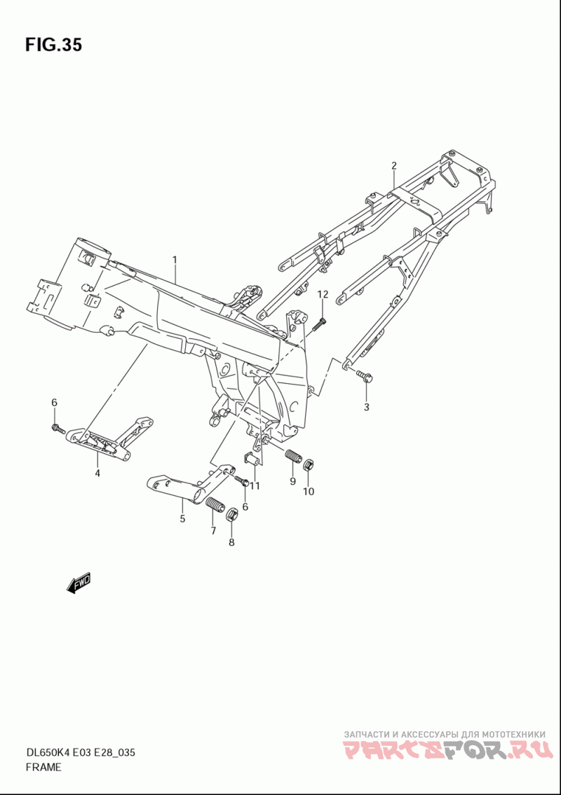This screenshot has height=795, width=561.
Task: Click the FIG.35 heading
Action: coord(53,45)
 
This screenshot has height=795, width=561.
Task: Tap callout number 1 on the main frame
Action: coord(175,260)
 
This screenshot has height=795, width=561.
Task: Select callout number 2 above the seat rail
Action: coord(394,166)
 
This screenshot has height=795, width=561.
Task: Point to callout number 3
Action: coord(366,407)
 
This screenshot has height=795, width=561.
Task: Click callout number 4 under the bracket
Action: coord(97,473)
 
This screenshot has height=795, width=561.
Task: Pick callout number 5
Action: coord(182,519)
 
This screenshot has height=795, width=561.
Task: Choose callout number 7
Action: coord(213,531)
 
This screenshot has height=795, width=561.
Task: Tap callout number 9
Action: coord(293,481)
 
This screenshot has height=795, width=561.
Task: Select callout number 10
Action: coord(309,491)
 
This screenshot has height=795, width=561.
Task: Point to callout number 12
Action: coord(322,294)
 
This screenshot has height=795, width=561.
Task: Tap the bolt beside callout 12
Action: coord(319,323)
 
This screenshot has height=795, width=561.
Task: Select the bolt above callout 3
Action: coord(363,376)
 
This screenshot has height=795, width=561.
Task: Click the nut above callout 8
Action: coord(232,516)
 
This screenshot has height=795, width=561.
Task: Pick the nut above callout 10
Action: coord(309,464)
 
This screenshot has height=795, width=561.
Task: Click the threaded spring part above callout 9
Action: coord(293,457)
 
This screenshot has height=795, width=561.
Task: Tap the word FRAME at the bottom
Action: coord(43,767)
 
